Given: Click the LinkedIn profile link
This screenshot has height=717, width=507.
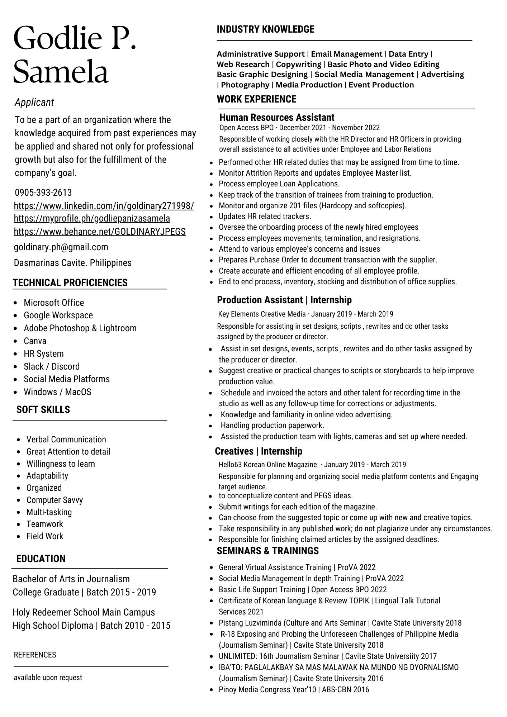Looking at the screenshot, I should pos(104,206).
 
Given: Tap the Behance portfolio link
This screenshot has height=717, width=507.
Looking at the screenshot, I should pos(100,232).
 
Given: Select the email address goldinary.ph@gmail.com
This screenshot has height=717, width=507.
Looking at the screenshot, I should pos(61,247).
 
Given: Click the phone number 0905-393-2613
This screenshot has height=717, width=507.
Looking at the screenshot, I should pos(43,193).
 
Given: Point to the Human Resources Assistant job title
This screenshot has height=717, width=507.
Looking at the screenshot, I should pos(276,118).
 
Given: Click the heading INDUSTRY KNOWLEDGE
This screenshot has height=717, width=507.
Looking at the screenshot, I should pos(265,29).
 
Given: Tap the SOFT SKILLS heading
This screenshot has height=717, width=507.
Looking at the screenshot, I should pos(43,409).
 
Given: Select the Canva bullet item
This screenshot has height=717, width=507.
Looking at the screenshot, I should pos(35,341).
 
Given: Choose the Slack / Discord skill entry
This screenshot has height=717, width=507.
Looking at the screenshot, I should pos(52,366).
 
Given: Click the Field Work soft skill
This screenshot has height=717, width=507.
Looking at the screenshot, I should pos(45,536).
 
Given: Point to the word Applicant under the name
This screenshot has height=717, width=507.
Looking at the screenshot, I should pos(34,103).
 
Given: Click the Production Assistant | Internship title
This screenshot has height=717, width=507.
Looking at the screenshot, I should pos(284,300).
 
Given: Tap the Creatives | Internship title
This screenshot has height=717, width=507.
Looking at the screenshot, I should pos(259,451).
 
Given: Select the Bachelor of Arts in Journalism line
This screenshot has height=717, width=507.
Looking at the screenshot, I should pos(71,579).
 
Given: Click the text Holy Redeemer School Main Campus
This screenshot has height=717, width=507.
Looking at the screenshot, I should pos(84,612).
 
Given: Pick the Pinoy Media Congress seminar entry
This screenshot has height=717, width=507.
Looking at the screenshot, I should pos(294,689).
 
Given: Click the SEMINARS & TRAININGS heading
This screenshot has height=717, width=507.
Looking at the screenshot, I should pos(267,551).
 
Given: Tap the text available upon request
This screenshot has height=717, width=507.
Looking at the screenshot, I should pos(48,678).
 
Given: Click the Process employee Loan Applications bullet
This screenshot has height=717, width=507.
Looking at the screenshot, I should pos(279,184).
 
